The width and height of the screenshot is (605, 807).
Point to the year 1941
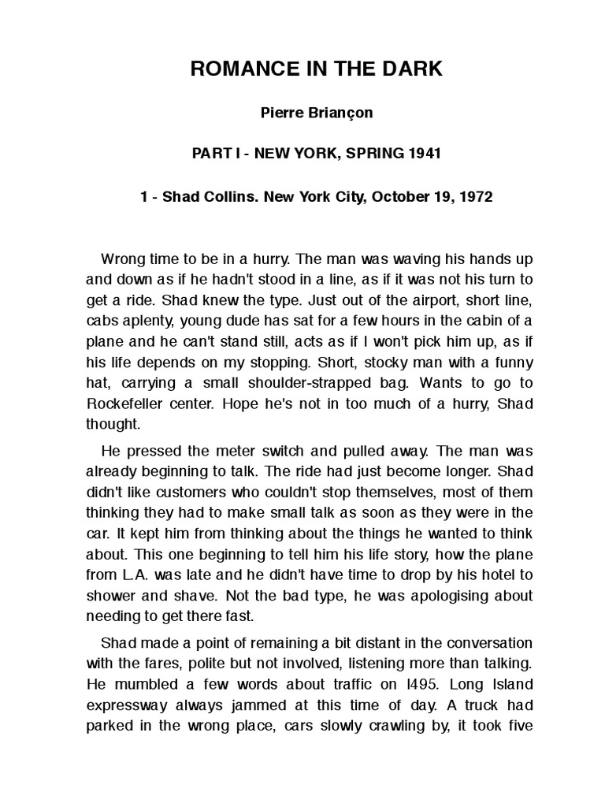coord(423,153)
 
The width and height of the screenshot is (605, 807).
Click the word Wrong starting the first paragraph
coord(123,258)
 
